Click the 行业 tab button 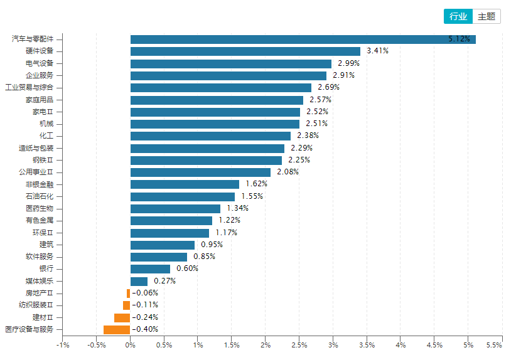coord(458,16)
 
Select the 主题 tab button coord(486,16)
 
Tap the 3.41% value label coord(377,51)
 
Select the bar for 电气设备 coord(230,63)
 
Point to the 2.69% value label coord(329,87)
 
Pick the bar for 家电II coord(215,112)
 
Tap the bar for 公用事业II coord(200,172)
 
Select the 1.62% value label coord(257,184)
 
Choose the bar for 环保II coord(169,233)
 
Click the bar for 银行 coord(150,268)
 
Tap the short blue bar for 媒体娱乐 coord(139,281)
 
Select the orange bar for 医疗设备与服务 coord(117,329)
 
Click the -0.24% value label coord(145,317)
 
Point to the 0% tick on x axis coord(130,345)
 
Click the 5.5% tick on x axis coord(494,345)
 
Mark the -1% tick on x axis coord(62,345)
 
